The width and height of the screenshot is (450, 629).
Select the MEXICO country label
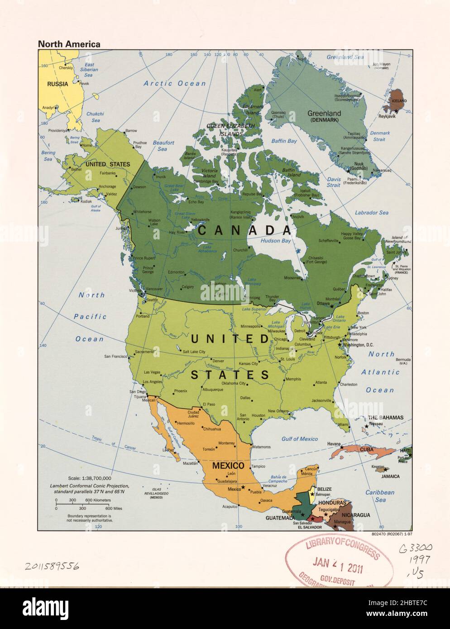[x=229, y=466]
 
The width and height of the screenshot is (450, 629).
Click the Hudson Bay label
[x=275, y=241]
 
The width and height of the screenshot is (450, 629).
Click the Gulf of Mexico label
[x=299, y=439]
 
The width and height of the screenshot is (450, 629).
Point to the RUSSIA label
[x=58, y=84]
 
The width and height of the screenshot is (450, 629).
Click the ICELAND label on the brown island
[x=399, y=101]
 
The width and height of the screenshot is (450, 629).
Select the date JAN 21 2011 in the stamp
[x=338, y=564]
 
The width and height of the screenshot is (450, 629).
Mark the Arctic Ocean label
[x=175, y=83]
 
